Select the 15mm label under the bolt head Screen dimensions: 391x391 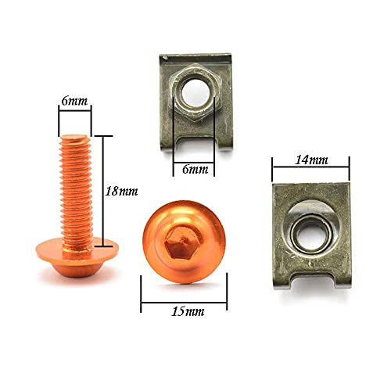pos(185,310)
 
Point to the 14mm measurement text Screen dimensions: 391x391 pos(310,160)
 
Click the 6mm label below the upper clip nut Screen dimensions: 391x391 pos(193,169)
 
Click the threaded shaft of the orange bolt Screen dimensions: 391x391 pos(76,188)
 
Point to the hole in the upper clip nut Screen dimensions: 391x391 pos(194,95)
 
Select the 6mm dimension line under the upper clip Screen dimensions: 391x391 pos(193,156)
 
